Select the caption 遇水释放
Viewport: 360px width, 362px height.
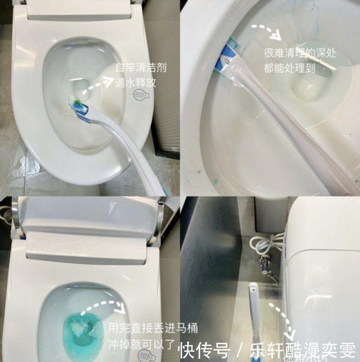(x=135, y=83)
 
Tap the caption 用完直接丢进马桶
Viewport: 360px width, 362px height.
(x=152, y=328)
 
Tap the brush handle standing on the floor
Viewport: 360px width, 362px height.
(x=254, y=312)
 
